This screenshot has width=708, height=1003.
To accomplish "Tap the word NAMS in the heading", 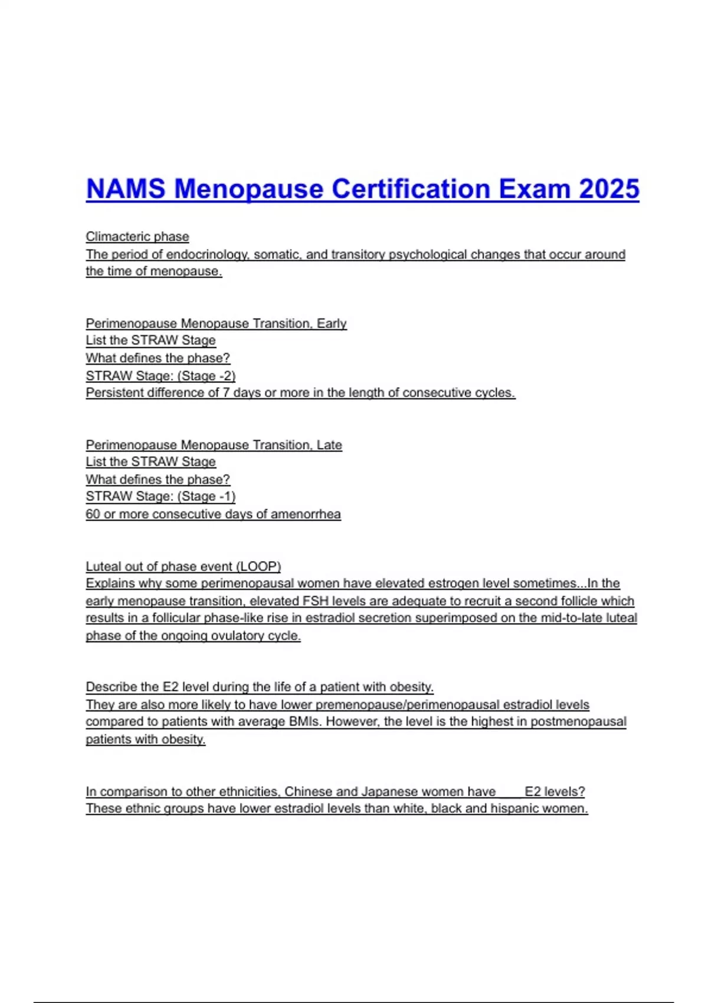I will click(x=126, y=189).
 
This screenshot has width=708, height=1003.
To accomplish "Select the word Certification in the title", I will click(x=411, y=189).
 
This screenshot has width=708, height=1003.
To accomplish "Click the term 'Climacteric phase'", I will click(x=137, y=237).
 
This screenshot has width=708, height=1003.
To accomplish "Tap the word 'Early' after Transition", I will click(x=332, y=323).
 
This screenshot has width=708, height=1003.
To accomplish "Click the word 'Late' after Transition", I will click(x=329, y=445).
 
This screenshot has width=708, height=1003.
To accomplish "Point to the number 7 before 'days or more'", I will click(x=226, y=393).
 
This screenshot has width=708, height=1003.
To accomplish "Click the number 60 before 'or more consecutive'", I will click(x=93, y=514).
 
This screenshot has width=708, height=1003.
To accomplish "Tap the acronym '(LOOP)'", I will click(x=258, y=566).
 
